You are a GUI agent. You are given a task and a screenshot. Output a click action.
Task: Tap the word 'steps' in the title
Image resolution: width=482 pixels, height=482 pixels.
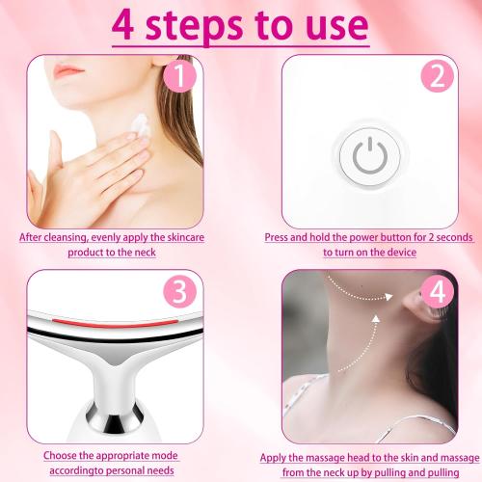tap(206, 26)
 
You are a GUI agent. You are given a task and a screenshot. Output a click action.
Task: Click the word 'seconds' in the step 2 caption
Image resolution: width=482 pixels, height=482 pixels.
tap(433, 237)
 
